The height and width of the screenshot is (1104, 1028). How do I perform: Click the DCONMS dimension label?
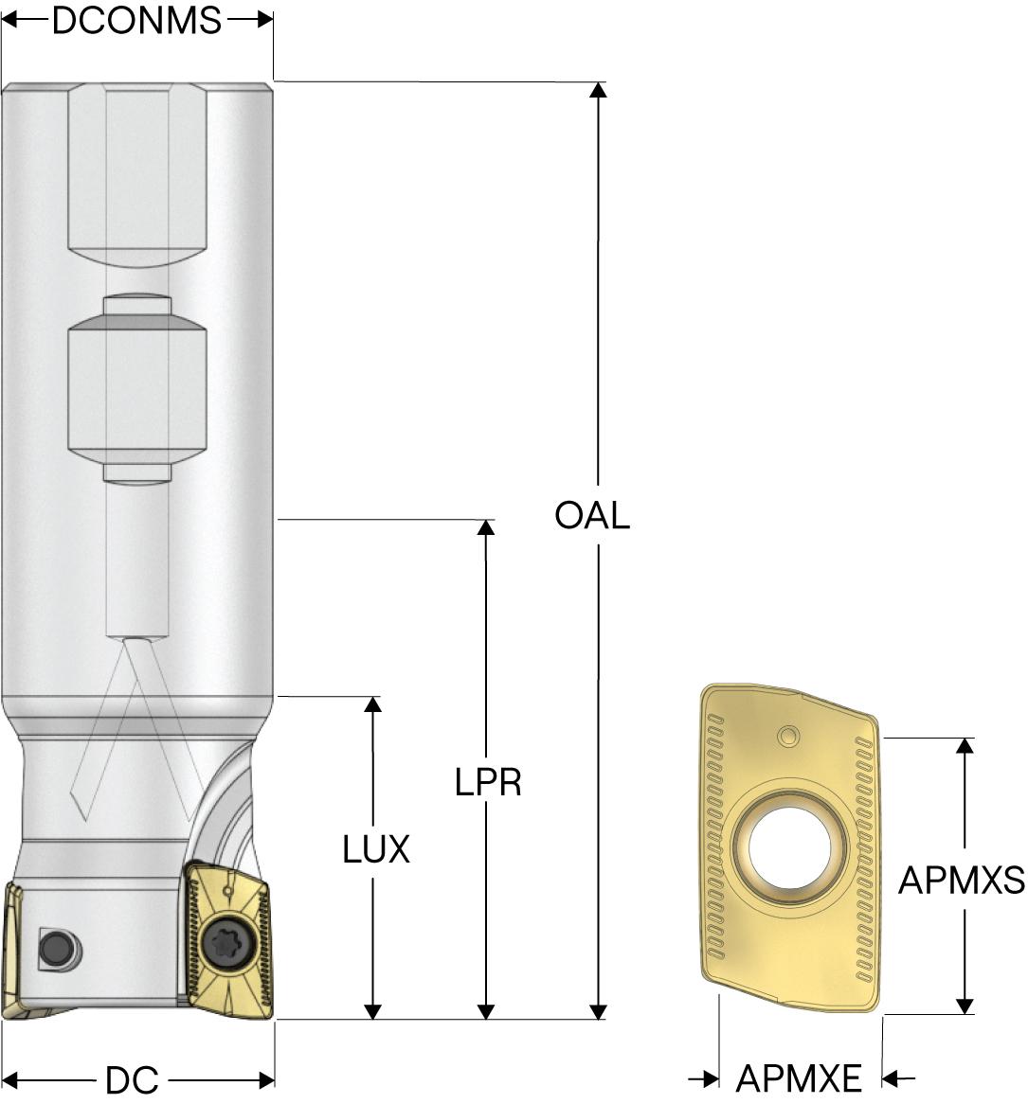136,20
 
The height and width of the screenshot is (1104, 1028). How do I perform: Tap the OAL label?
592,516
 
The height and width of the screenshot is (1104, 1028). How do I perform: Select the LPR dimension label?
488,782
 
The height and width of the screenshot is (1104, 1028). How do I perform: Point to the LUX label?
376,850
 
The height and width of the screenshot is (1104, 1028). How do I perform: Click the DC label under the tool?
132,1080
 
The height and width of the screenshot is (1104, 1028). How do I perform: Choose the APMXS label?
962,881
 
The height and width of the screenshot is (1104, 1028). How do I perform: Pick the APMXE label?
800,1077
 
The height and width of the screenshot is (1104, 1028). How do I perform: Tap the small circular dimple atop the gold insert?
788,736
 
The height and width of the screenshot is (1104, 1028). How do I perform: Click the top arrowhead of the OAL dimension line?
598,90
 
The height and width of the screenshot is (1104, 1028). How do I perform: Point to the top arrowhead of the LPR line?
487,527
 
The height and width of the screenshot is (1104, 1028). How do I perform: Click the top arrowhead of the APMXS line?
965,745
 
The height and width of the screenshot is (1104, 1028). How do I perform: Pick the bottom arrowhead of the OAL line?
598,1011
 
